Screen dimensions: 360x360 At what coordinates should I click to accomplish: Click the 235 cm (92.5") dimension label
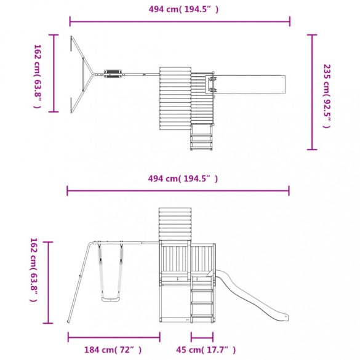click(x=327, y=96)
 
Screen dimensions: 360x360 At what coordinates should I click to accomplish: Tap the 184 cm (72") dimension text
click(x=113, y=350)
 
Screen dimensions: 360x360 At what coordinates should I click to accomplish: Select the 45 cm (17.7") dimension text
click(x=206, y=350)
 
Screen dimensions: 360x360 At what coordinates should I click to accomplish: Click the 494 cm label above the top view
click(x=183, y=9)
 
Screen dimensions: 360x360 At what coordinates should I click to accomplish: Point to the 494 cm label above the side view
click(x=183, y=178)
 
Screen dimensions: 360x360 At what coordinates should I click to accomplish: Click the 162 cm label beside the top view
click(x=37, y=76)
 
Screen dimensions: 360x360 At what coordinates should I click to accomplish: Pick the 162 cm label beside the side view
click(x=33, y=270)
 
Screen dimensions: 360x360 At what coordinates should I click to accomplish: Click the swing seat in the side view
click(x=111, y=299)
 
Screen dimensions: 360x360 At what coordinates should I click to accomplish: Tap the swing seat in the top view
click(x=113, y=74)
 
